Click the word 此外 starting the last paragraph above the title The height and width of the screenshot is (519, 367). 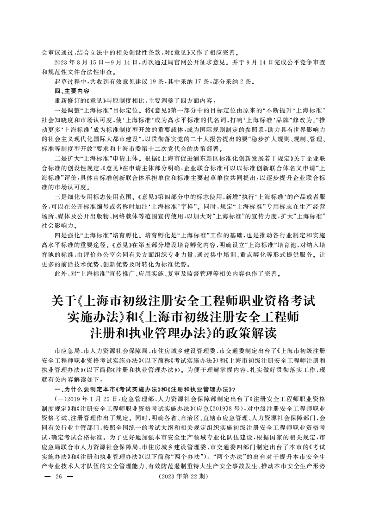[x=60, y=274]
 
